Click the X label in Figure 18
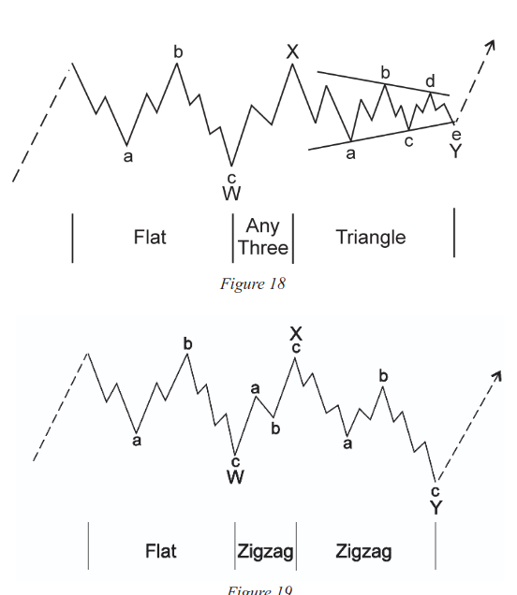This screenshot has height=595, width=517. [292, 51]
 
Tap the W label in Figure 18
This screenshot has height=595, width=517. [231, 193]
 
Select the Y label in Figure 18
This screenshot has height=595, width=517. [455, 151]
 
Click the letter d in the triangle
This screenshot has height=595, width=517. [430, 81]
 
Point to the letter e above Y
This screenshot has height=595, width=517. [456, 135]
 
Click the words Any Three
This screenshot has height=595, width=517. [263, 237]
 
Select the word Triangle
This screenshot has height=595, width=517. [371, 238]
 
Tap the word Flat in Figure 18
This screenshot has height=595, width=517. [150, 238]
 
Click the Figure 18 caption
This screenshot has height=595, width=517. [253, 283]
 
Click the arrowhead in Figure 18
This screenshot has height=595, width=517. [492, 44]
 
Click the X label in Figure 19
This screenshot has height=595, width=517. [296, 334]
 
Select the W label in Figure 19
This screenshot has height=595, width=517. [235, 477]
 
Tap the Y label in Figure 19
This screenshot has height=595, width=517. [436, 507]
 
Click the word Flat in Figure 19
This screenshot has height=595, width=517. [161, 551]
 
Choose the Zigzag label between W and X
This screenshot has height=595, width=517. [266, 552]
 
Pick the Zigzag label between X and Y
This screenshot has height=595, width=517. [363, 552]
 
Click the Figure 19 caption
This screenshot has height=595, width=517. [259, 590]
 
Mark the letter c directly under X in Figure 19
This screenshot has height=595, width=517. [296, 348]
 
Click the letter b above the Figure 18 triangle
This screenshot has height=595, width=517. [385, 72]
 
